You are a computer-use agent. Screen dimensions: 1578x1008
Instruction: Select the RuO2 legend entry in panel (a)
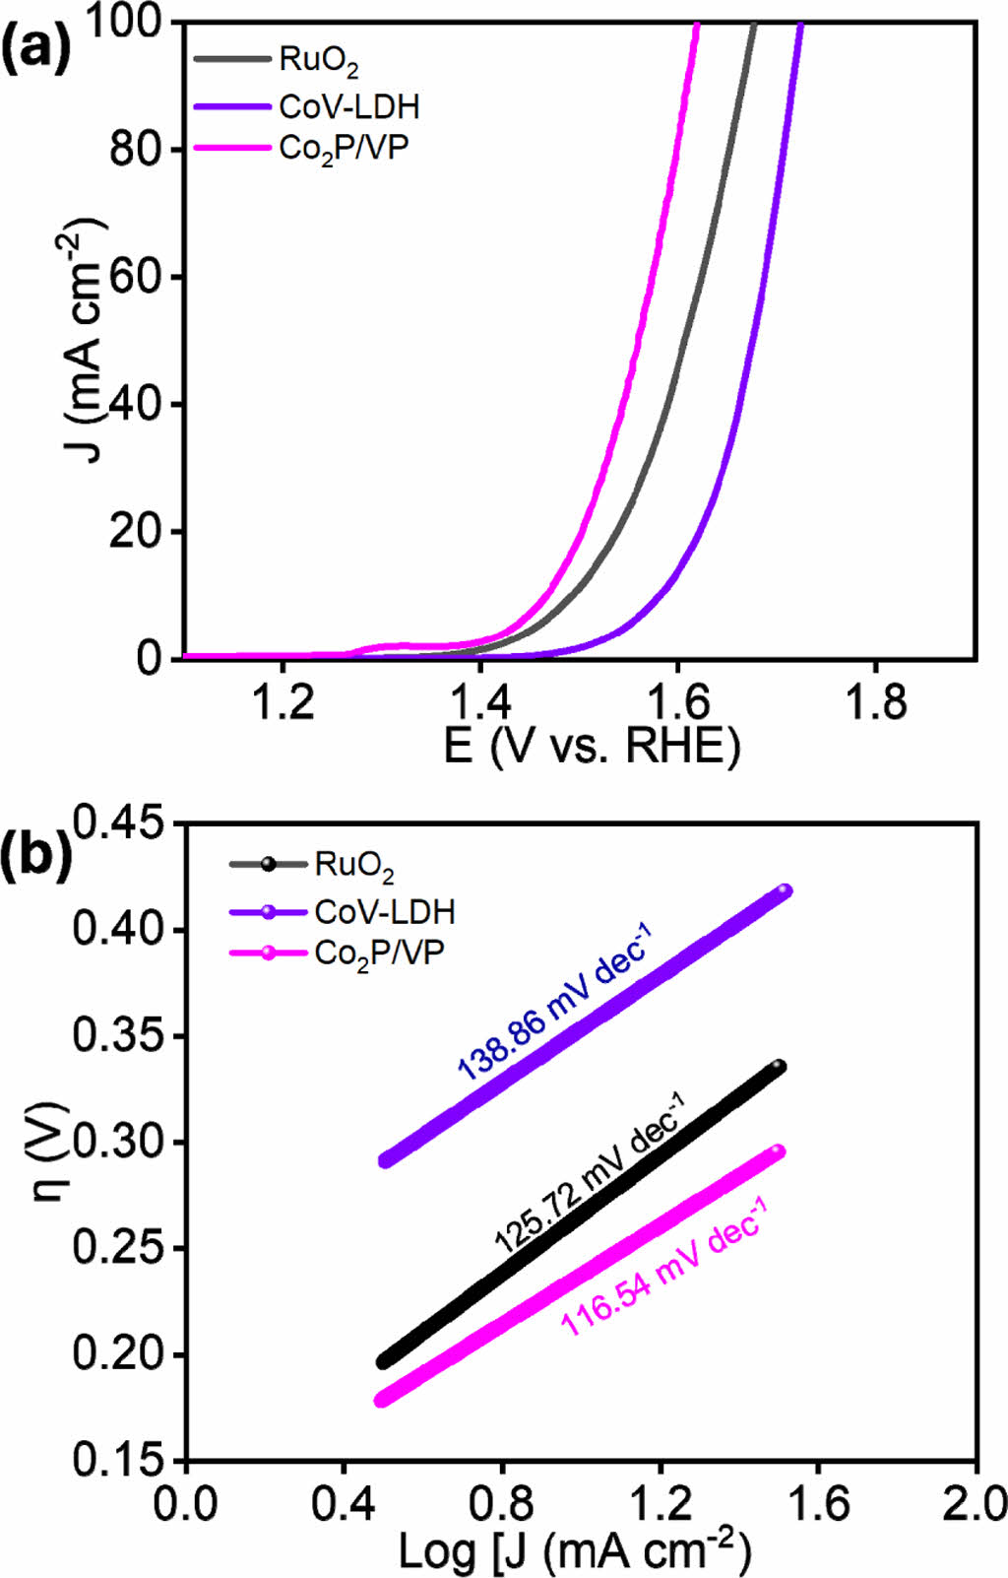coord(318,60)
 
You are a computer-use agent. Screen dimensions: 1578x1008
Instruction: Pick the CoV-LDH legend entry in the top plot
coord(348,105)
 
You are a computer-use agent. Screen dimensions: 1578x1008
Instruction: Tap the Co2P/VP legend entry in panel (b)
coord(379,953)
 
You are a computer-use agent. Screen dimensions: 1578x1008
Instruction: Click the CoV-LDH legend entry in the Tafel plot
coord(384,911)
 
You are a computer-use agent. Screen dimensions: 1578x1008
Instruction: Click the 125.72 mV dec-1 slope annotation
coord(589,1172)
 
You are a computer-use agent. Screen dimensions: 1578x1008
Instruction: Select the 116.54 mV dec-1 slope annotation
coord(662,1265)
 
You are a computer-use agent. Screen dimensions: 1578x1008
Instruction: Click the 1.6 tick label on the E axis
coord(677,702)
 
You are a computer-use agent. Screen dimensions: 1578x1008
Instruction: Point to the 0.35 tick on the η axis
coord(117,1036)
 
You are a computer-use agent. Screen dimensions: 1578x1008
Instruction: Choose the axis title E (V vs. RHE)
coord(591,746)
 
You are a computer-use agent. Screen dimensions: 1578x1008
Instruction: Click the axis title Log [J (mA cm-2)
coord(575,1551)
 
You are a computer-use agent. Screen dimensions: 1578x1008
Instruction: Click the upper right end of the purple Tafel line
coord(784,891)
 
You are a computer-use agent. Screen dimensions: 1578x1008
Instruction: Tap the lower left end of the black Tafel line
coord(384,1362)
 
